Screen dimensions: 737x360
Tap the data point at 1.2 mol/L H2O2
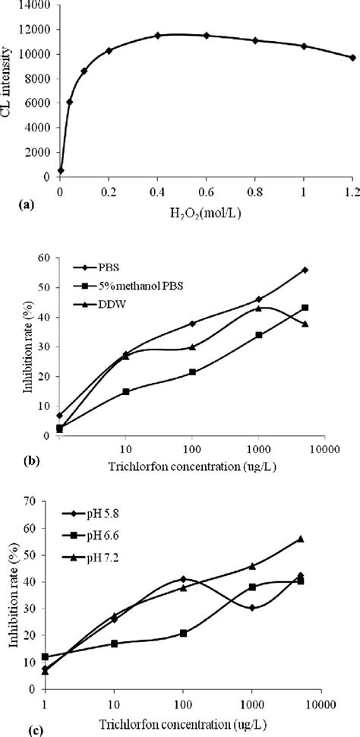352,58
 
